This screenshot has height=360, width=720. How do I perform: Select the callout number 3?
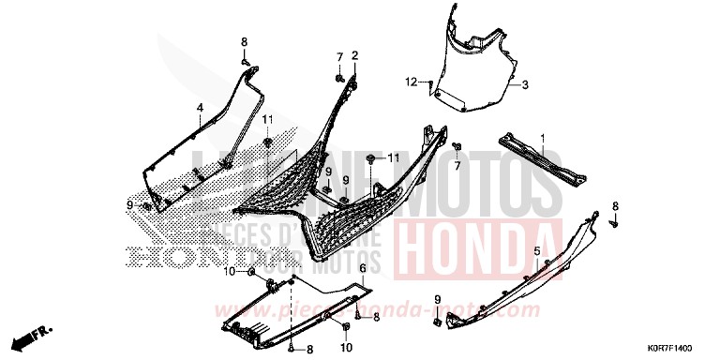[x=525, y=85]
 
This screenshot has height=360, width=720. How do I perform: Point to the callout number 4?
[x=199, y=109]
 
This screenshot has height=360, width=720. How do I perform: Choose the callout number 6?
[x=362, y=268]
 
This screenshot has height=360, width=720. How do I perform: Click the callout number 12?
[x=410, y=82]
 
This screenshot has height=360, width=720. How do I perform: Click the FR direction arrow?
[x=37, y=333]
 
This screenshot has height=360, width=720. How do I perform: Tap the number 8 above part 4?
[x=245, y=42]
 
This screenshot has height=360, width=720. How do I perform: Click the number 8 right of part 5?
[x=615, y=205]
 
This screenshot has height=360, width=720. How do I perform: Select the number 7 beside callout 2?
[x=340, y=58]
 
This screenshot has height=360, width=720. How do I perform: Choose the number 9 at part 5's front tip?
[x=438, y=299]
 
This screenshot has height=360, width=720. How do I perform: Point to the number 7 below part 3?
[x=458, y=166]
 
